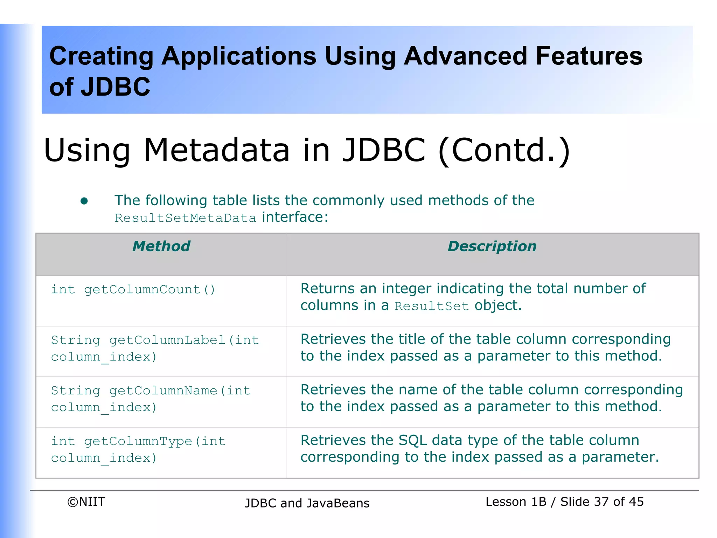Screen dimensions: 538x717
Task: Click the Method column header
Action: [x=161, y=246]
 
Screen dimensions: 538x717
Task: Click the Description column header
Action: [x=492, y=246]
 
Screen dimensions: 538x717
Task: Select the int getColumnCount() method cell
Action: [x=133, y=290]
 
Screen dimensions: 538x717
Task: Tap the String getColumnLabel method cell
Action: [x=155, y=348]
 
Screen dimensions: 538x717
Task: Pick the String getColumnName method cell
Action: [x=151, y=399]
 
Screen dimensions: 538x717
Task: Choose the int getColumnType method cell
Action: [x=138, y=449]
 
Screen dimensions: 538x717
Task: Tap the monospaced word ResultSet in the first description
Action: [x=431, y=306]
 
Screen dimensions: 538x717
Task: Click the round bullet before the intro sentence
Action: [x=84, y=201]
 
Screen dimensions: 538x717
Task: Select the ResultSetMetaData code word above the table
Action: [x=186, y=218]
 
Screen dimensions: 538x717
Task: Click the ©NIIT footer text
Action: [x=86, y=502]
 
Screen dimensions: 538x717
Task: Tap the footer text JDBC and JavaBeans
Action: [x=307, y=503]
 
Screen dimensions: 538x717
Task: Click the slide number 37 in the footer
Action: [x=601, y=502]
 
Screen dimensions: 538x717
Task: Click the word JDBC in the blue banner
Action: [x=116, y=87]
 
